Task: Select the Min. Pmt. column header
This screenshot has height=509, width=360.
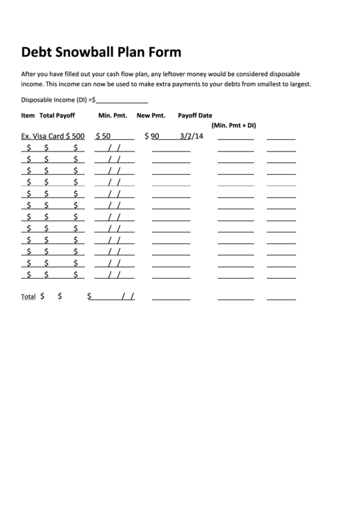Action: click(x=113, y=116)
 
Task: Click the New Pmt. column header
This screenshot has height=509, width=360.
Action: click(x=151, y=116)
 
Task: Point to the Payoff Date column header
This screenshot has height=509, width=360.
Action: click(x=195, y=116)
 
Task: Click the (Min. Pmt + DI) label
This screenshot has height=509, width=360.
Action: click(x=234, y=125)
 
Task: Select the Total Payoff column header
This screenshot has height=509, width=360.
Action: click(x=57, y=116)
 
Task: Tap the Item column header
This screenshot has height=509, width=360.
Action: click(x=28, y=116)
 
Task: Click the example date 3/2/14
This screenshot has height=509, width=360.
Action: click(x=192, y=136)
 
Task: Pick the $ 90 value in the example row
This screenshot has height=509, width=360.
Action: click(x=151, y=136)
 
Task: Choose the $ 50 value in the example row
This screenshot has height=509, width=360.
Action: click(x=103, y=136)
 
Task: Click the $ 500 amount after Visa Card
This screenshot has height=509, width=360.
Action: click(x=75, y=136)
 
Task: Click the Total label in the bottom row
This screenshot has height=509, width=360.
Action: click(x=28, y=297)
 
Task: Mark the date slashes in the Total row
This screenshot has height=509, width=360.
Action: click(x=128, y=296)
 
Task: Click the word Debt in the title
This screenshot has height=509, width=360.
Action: click(x=37, y=52)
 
